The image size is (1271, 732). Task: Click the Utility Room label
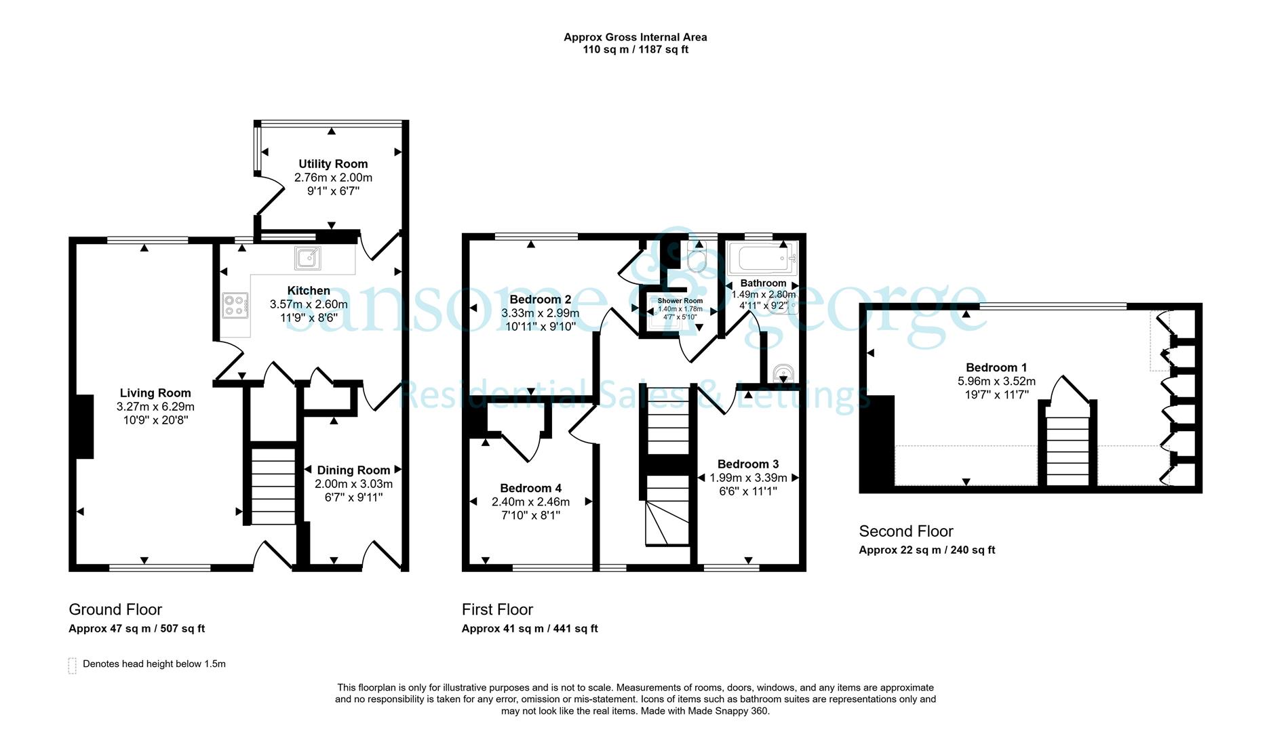coord(333,164)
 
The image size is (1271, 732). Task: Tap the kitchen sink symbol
coord(308,258)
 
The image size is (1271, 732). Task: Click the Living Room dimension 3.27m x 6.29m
coord(155,407)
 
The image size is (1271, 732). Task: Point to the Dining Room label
coord(353,470)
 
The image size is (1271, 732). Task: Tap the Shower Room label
coord(680,301)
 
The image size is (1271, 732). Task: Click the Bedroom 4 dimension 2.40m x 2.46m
coord(530,502)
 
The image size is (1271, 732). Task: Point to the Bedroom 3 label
coord(748,464)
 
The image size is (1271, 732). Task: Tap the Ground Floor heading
coord(115,609)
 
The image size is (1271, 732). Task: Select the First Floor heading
coord(497,609)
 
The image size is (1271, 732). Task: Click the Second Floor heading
coord(906,531)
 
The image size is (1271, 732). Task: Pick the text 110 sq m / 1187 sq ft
coord(635,49)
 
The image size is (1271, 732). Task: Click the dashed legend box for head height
coord(72,666)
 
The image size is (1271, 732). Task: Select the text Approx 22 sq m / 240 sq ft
coord(926,550)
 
